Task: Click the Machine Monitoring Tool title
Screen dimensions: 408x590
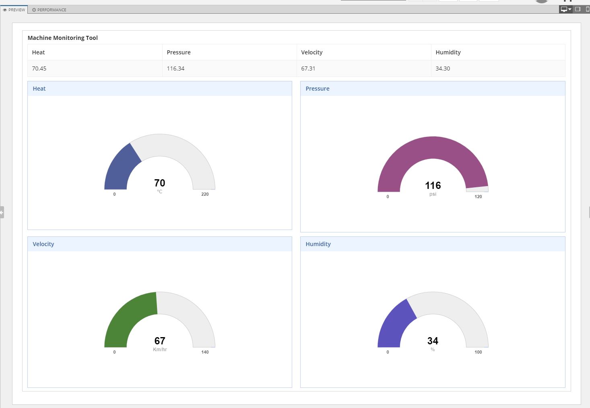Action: (x=62, y=38)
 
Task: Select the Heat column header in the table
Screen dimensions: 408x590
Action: (x=38, y=52)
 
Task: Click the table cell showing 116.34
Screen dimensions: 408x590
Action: (x=175, y=68)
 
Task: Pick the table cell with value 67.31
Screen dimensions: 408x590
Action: (x=308, y=68)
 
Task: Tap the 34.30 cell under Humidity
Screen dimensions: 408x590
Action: (x=443, y=68)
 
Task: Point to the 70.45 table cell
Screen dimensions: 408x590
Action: (x=39, y=68)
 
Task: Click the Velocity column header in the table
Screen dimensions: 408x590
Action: (x=312, y=52)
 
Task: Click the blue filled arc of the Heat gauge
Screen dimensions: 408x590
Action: (x=120, y=167)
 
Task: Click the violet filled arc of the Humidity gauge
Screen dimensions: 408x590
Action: (x=394, y=324)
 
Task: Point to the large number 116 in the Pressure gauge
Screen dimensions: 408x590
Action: (x=433, y=185)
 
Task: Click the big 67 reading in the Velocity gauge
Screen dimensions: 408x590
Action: (x=160, y=341)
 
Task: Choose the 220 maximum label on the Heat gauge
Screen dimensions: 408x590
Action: (x=205, y=194)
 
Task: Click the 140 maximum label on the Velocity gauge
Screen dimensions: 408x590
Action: (x=205, y=352)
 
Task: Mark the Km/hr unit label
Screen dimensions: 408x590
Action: (x=160, y=350)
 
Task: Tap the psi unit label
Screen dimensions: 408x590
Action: (x=433, y=194)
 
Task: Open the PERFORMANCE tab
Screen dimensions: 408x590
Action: (x=50, y=10)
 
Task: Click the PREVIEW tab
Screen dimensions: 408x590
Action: (x=14, y=10)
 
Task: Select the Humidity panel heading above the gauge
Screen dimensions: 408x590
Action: (x=318, y=244)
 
